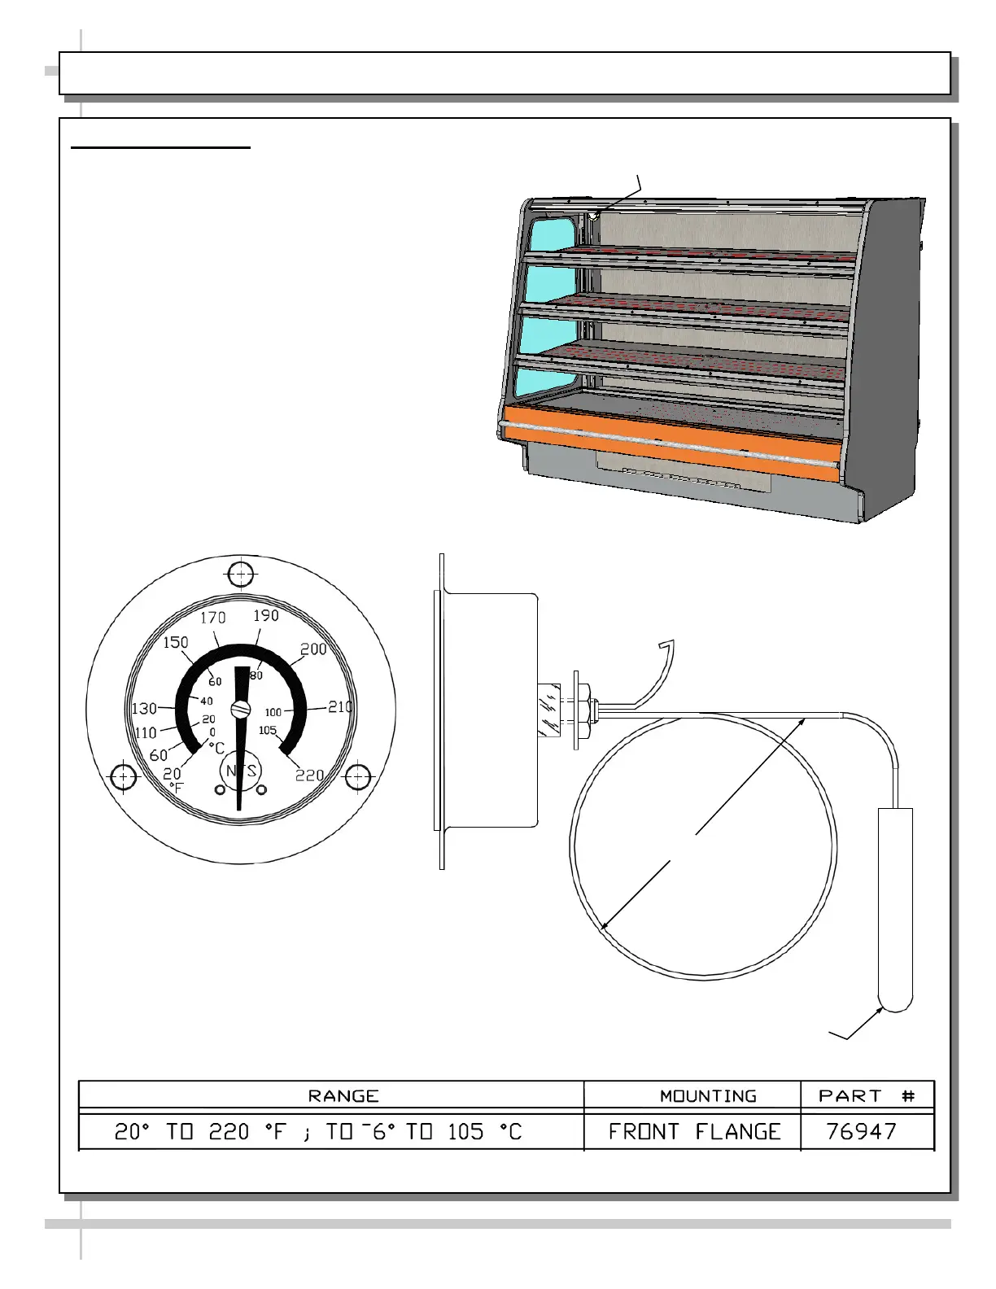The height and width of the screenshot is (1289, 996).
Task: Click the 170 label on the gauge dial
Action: [213, 618]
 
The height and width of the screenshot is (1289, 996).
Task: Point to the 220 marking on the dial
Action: [310, 776]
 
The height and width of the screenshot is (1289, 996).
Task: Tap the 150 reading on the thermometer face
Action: [176, 642]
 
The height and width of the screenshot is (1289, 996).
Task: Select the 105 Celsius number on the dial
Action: [268, 730]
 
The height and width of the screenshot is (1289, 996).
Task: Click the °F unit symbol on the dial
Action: [177, 788]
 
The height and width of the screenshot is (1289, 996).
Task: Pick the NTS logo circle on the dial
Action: [241, 771]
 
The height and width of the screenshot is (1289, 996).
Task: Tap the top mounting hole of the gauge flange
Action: [241, 575]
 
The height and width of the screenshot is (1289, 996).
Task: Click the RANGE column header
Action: [343, 1096]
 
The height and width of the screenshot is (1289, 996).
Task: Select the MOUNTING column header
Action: [708, 1096]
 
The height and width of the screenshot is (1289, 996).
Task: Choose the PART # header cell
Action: [867, 1096]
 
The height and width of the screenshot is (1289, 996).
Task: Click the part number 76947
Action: [861, 1132]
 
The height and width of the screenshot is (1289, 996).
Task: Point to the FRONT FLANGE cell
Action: [695, 1132]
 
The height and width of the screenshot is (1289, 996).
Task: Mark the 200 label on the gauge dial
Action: [313, 649]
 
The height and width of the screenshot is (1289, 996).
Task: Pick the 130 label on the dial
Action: [144, 708]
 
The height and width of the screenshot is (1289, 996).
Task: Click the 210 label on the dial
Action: [340, 706]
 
